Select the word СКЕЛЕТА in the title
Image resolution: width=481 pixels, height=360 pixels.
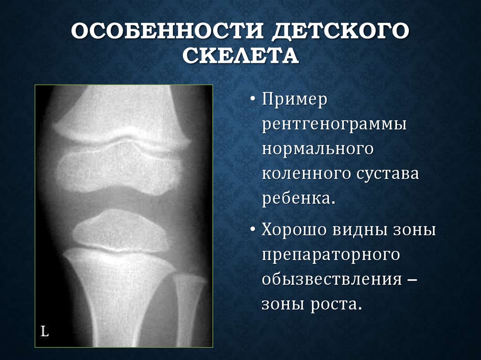pos(240,57)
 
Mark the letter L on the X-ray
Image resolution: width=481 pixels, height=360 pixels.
pos(45,331)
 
